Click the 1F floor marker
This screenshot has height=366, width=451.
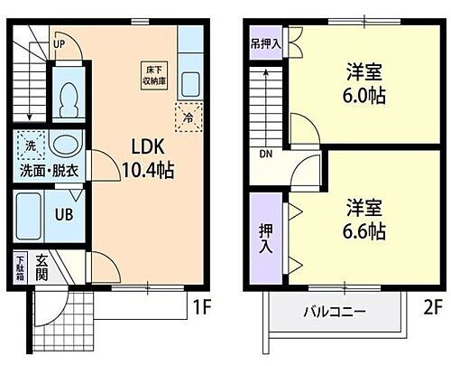[200, 307]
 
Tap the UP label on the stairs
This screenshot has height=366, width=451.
[59, 42]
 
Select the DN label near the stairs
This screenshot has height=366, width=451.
[266, 154]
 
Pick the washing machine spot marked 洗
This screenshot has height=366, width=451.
[29, 145]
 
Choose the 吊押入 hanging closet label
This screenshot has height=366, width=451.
[265, 42]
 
